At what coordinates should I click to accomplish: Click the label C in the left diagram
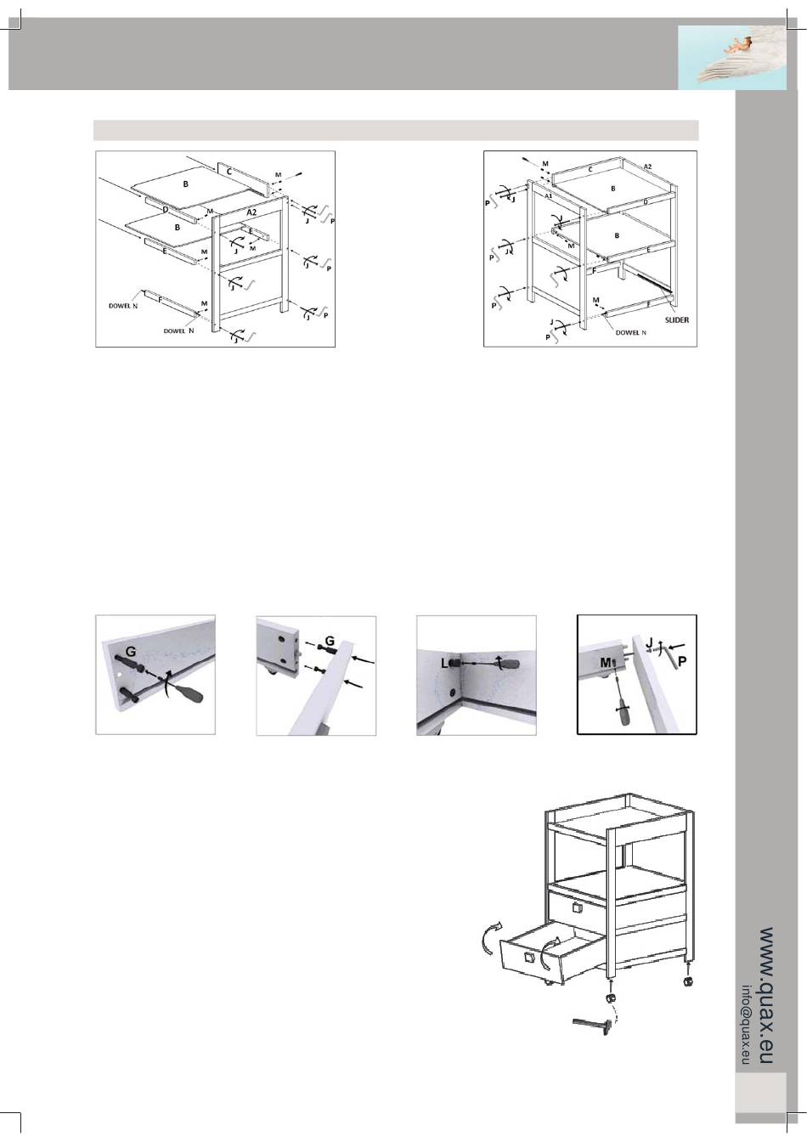coord(229,171)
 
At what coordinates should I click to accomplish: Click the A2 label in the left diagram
coord(251,212)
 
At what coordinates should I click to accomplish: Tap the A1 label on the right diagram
coord(549,195)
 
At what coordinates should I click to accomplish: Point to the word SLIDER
coord(676,320)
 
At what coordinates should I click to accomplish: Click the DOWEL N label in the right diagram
coord(631,332)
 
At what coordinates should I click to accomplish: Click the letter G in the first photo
coord(131,652)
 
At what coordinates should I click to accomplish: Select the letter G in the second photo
coord(329,640)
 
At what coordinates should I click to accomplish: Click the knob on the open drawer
coord(529,958)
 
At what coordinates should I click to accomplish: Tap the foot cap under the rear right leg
coord(687,981)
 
